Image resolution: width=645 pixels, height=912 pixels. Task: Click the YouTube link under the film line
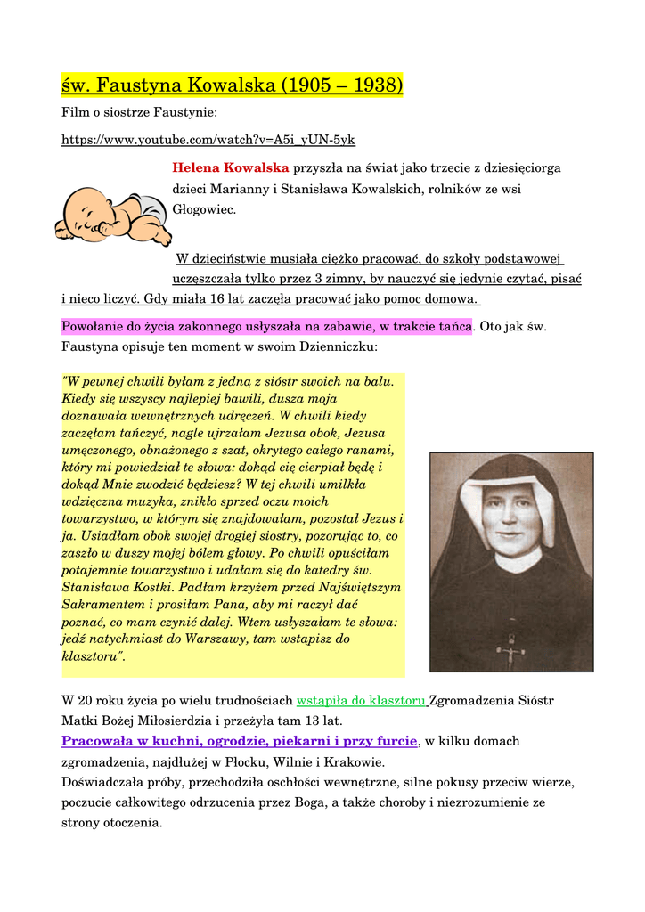208,140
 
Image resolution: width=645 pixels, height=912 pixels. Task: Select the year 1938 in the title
375,85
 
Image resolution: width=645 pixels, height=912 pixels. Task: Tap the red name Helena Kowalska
231,167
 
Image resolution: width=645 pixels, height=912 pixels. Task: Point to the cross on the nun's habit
511,651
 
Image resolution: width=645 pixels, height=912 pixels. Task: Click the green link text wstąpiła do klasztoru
362,701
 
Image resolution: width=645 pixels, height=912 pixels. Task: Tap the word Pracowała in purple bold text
97,741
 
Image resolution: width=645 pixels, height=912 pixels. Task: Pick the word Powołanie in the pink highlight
94,326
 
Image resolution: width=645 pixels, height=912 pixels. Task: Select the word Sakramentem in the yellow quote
100,605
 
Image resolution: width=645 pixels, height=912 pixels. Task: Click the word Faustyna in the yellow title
141,85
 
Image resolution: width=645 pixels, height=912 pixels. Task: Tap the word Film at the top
75,113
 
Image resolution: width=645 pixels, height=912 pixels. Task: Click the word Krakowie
354,762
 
